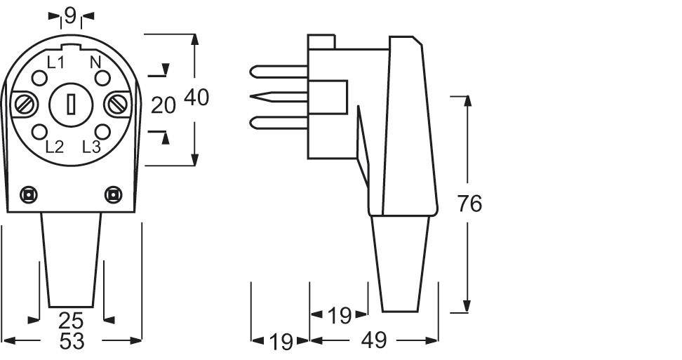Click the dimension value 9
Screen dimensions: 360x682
(x=70, y=14)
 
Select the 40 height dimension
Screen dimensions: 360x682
(x=196, y=98)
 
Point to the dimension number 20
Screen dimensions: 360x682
(x=163, y=105)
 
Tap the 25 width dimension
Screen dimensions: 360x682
(x=71, y=321)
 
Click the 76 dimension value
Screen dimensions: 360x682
(x=469, y=204)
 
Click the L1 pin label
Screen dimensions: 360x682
(x=55, y=62)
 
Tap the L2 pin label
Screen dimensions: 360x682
(x=54, y=147)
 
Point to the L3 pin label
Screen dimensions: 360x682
(x=92, y=147)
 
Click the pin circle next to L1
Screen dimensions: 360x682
(x=39, y=79)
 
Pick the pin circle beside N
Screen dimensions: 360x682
(x=102, y=79)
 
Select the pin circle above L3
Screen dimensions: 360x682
(x=102, y=131)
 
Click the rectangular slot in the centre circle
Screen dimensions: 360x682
(x=71, y=105)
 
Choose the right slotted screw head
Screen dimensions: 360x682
(x=116, y=105)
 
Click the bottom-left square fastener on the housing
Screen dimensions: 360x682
(x=29, y=194)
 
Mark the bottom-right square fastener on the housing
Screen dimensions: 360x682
(x=112, y=194)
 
